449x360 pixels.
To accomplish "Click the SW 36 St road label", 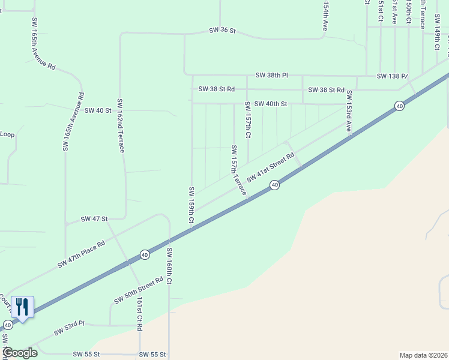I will click(223, 30).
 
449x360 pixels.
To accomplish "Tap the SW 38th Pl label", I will click(271, 76).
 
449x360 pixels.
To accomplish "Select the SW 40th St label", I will click(270, 104).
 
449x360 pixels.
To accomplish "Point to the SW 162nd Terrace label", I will click(121, 125).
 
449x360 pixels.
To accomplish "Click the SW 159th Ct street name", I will click(191, 205).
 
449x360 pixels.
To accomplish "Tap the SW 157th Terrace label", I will click(238, 170).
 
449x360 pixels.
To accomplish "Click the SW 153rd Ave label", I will click(348, 111).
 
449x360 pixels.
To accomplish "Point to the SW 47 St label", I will click(94, 220).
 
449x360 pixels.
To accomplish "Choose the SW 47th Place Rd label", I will click(82, 254).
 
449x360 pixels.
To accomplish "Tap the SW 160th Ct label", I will click(170, 266).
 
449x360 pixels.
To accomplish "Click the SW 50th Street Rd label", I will click(139, 290).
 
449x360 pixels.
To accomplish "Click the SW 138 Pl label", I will click(392, 76).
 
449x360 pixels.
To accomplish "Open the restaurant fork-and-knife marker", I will click(22, 307).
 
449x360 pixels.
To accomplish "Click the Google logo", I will click(20, 353).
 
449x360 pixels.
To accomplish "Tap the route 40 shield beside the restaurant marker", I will click(7, 325).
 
